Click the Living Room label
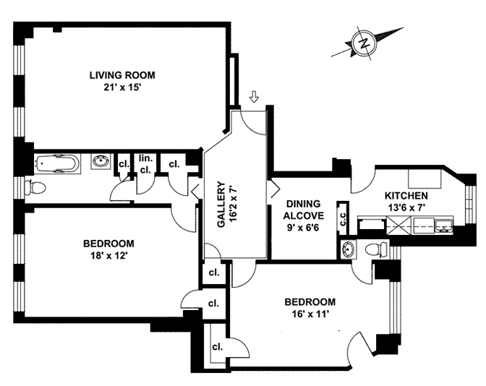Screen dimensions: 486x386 tap(122, 75)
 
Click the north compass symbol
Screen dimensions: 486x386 tap(364, 43)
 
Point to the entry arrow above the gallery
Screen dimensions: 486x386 tap(253, 97)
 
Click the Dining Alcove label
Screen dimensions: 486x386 tap(303, 210)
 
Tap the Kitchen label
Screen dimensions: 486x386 tap(406, 196)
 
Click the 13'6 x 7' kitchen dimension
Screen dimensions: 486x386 tap(406, 207)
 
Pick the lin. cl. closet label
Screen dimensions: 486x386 tap(144, 165)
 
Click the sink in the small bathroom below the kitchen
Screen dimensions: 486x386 tap(349, 250)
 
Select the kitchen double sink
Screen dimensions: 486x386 tap(442, 231)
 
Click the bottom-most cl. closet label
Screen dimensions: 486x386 tap(216, 346)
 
